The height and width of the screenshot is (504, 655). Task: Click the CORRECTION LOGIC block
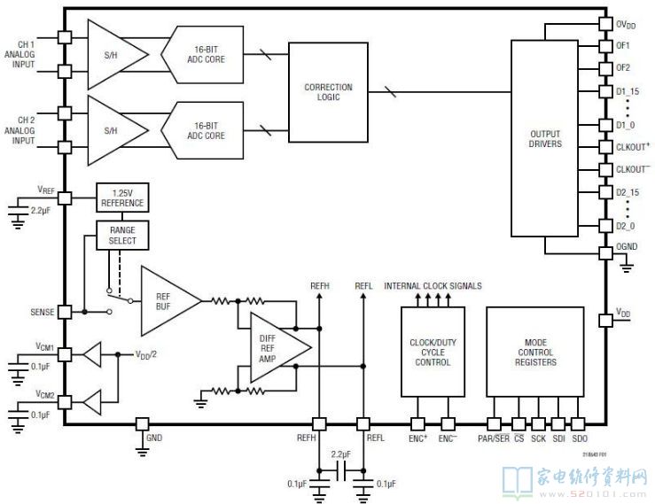coord(328,92)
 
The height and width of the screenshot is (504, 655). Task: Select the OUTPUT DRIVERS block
coord(545,138)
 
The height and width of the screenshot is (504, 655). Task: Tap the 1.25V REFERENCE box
coord(121,198)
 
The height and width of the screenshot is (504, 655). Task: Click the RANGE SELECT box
coord(122,236)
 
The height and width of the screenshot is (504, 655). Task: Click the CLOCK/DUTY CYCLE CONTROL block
coord(433,351)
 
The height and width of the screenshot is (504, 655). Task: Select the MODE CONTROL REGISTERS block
coord(534,351)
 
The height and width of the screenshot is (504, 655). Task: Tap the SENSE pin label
coord(42,313)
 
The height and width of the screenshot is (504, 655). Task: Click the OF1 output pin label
coord(623,45)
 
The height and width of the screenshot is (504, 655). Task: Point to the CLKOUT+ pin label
coord(633,146)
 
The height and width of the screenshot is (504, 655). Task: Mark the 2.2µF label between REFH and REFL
coord(341,454)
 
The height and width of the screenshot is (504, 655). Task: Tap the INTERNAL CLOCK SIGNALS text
coord(433,286)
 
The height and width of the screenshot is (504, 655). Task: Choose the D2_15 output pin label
coord(627,191)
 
